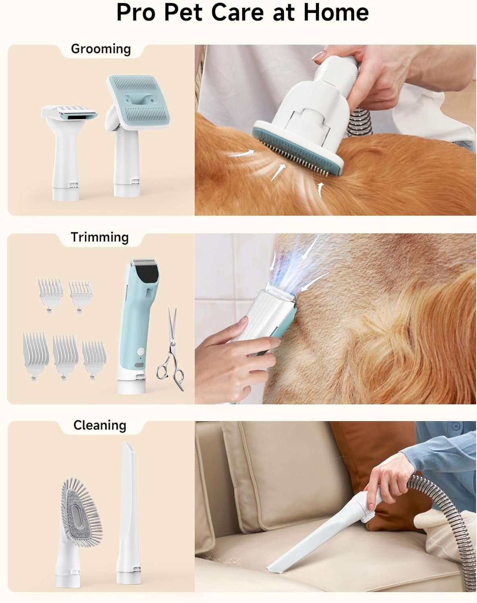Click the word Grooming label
101,49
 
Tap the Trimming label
99,237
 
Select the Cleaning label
100,425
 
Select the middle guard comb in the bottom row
65,350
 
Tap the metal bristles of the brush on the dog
298,159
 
